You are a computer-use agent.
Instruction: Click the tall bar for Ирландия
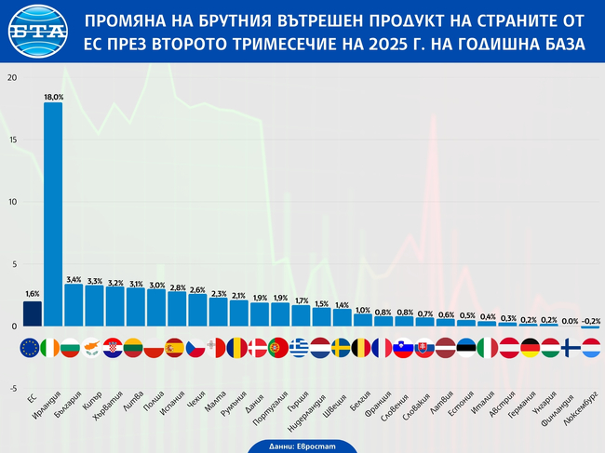pos(53,214)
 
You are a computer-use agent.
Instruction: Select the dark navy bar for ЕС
pos(33,313)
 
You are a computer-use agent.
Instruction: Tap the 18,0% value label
pos(53,96)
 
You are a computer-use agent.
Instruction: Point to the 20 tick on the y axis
pos(12,77)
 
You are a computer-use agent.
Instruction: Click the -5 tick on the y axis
pos(10,389)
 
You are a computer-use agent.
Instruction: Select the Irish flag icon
pos(53,348)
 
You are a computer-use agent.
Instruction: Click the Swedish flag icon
pos(342,348)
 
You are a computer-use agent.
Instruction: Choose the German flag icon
pos(528,348)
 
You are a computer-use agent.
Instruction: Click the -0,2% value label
pos(590,320)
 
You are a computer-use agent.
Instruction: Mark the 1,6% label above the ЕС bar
pos(33,294)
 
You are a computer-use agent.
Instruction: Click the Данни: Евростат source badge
pos(302,445)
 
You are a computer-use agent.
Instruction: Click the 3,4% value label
pos(74,278)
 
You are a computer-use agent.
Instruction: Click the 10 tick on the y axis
pos(12,202)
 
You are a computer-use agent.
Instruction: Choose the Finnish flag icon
pos(569,348)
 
